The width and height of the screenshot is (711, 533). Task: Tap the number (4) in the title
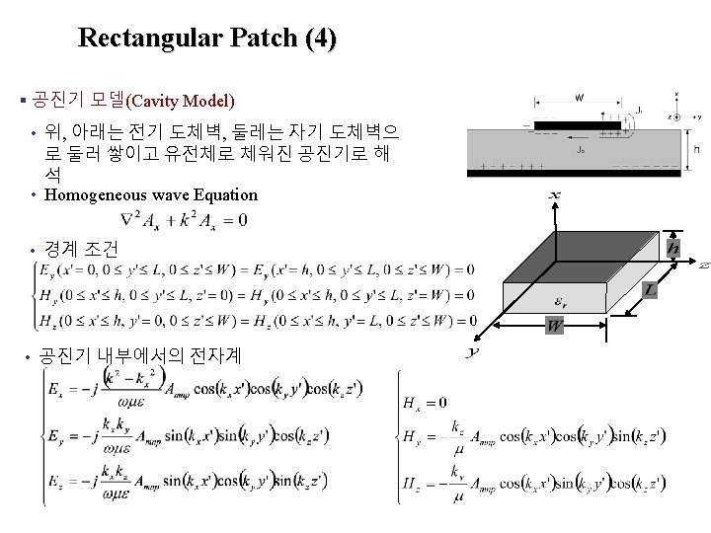tap(322, 38)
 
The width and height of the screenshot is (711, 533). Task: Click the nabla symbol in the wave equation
tap(125, 219)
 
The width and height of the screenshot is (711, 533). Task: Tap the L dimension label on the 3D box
tap(651, 289)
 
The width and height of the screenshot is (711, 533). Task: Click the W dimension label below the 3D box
tap(556, 326)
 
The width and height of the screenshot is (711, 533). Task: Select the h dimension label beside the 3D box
tap(673, 247)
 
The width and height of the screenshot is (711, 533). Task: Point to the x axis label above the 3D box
tap(554, 197)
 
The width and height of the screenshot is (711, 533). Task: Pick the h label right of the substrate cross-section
tap(698, 148)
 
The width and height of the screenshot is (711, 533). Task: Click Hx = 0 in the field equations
tap(425, 402)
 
